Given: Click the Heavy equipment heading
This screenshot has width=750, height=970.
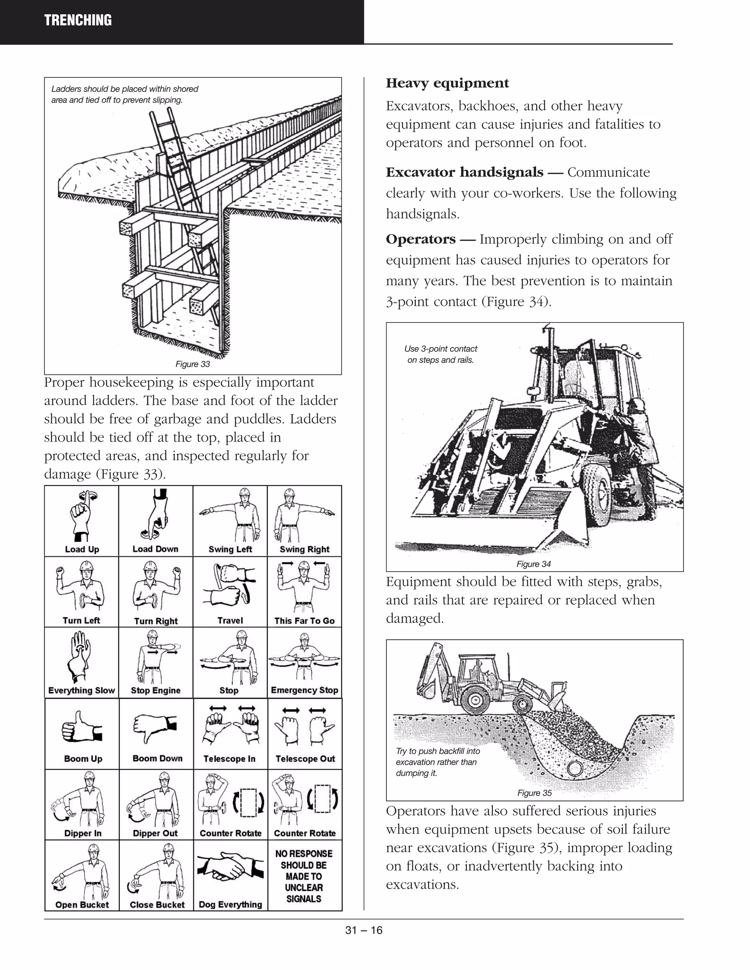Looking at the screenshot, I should coord(447,83).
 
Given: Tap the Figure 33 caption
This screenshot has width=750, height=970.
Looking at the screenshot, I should coord(192,364).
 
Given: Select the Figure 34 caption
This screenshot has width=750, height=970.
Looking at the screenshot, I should coord(533,564).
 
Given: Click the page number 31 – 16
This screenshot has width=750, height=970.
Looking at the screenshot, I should coord(363,930).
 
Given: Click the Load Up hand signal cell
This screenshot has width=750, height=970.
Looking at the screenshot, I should coord(82,521).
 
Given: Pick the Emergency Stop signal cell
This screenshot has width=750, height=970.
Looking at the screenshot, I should coord(304,663).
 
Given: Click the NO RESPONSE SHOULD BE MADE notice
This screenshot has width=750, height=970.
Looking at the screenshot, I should coord(304,876).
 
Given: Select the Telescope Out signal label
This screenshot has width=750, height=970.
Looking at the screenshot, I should coord(305,758).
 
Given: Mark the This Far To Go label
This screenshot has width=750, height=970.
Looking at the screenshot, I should coord(304,620).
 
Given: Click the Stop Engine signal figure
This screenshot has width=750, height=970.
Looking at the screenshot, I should coord(156,657).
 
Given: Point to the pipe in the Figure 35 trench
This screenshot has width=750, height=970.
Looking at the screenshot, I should coord(574,768).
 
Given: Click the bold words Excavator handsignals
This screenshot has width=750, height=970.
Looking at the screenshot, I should coord(464,172).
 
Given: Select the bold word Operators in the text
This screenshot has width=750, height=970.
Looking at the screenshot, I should coord(420,239).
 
